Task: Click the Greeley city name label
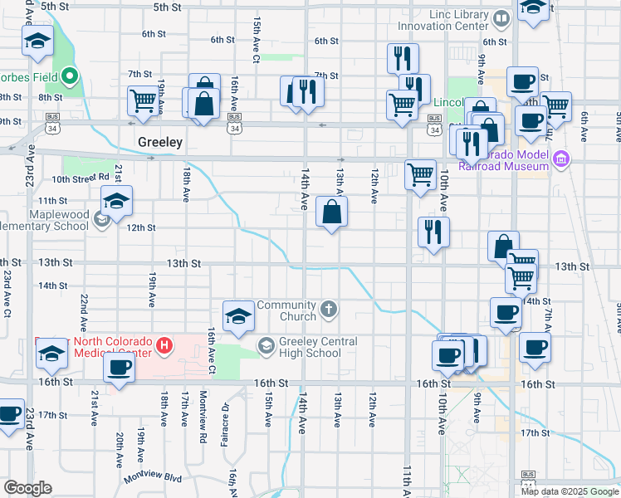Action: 159,142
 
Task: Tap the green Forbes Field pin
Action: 71,79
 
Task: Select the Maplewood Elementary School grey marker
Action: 101,220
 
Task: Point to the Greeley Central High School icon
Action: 266,344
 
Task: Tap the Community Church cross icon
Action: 329,310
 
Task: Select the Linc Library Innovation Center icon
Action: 501,17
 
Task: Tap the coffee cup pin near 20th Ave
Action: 119,368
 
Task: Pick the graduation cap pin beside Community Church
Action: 238,316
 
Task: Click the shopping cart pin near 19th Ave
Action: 143,100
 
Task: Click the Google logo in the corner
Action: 27,488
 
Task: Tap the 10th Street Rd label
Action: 81,178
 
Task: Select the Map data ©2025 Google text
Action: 570,491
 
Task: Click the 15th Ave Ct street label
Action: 256,41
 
